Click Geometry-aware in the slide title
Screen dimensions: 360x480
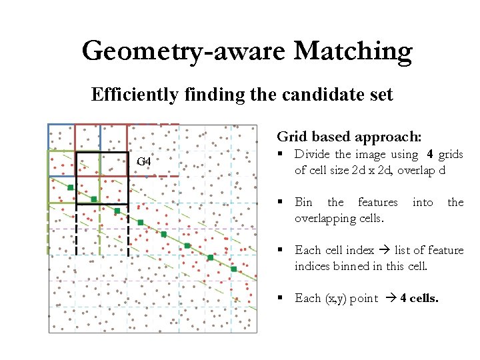point(183,51)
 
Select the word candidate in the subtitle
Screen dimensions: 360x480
point(321,95)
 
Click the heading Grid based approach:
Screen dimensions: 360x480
point(349,137)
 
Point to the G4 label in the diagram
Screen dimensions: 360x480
point(144,162)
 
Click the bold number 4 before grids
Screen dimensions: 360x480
point(430,155)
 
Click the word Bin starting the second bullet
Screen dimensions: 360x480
point(303,202)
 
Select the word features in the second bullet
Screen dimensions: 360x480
point(377,202)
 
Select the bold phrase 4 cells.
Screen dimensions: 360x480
point(419,298)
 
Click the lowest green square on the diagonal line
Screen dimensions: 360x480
point(234,269)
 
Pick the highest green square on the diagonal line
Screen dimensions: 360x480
point(71,187)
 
